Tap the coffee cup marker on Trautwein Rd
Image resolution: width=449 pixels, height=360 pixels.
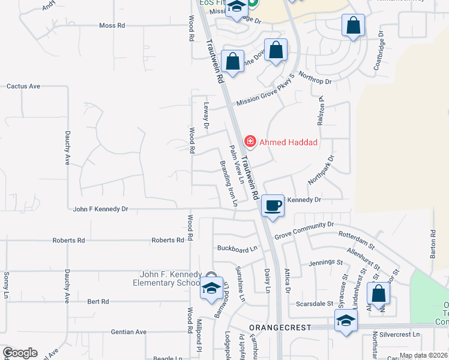[x=272, y=206]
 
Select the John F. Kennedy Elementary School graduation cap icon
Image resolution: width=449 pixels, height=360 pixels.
[x=211, y=289]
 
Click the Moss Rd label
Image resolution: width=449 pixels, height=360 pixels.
[x=112, y=26]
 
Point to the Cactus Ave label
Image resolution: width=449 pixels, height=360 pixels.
[x=23, y=86]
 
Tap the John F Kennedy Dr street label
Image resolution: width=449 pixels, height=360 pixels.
[x=100, y=209]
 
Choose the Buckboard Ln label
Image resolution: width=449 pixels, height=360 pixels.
[x=237, y=248]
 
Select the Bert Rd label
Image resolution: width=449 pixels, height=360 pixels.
[x=97, y=301]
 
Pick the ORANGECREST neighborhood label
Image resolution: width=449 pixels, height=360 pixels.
[x=280, y=327]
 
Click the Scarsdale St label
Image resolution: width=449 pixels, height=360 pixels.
[x=315, y=304]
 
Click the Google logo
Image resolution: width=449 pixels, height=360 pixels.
[x=20, y=353]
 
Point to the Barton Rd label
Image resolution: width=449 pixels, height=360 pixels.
[x=432, y=245]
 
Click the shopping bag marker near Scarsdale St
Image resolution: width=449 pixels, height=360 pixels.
[x=378, y=294]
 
